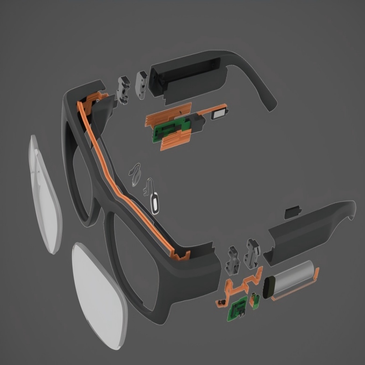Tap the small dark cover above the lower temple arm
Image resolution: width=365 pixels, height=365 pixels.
click(292, 211)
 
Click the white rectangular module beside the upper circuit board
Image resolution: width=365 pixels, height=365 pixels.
click(220, 115)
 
